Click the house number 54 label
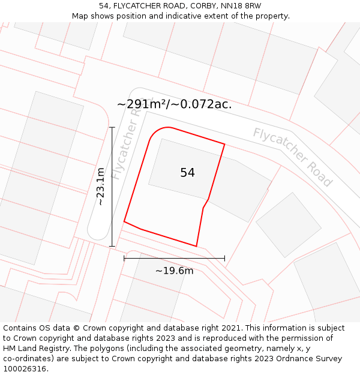coord(187,173)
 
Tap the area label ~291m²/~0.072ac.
coord(174,104)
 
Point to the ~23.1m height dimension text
coord(101,187)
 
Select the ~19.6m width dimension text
coord(174,271)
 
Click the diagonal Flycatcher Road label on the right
coord(292,157)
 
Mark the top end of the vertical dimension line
coord(112,127)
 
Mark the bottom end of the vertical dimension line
coord(112,246)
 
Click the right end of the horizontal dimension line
coord(224,259)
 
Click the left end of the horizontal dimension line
coord(124,259)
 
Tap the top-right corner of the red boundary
coord(224,144)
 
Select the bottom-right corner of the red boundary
coord(196,246)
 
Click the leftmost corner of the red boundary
coord(124,221)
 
